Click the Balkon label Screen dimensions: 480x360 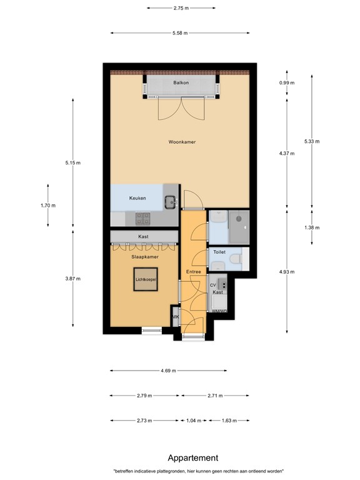coord(181,82)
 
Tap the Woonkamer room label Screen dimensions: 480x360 coord(182,142)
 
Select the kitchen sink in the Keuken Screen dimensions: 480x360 coord(170,201)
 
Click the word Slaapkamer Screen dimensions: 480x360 coord(144,257)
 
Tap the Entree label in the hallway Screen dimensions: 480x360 coord(193,272)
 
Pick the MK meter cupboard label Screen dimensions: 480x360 coord(175,317)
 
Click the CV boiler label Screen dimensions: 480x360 coord(212,285)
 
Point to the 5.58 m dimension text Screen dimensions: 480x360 coord(181,32)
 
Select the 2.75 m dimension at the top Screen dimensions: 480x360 coord(181,8)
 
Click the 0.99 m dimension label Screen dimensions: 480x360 coord(287,82)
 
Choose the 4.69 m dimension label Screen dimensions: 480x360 coord(168,371)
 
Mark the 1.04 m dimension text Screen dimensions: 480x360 coord(194,421)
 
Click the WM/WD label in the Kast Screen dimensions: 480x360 coord(217,311)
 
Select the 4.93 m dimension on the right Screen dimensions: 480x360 coord(287,271)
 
